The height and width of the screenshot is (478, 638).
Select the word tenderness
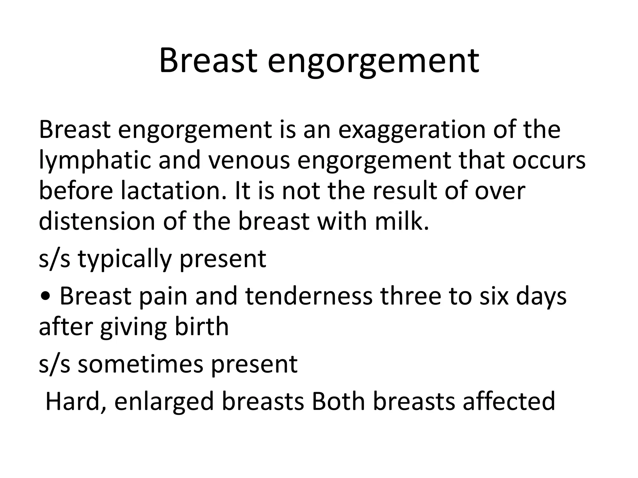[309, 296]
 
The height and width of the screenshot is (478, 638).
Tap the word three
[410, 296]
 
